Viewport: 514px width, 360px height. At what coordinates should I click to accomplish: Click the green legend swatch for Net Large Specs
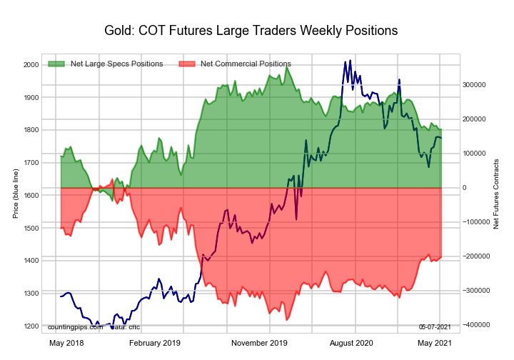coord(57,64)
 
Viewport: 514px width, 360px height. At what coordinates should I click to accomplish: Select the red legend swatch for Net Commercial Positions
coord(186,64)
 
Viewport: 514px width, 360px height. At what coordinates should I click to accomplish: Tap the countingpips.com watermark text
coord(72,326)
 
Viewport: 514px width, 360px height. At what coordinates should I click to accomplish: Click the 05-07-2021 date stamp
coord(435,326)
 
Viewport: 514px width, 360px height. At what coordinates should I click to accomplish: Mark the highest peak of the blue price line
coord(349,61)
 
